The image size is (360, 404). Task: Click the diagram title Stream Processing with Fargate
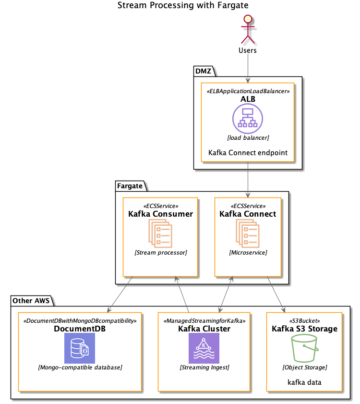tap(183, 6)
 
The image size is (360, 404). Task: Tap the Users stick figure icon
tap(248, 29)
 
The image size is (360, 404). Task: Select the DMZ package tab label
tap(204, 71)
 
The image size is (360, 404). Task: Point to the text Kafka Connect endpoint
tap(248, 153)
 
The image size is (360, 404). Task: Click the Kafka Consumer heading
tap(160, 214)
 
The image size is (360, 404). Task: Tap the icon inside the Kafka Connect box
tap(248, 233)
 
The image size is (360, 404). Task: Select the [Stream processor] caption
tap(160, 252)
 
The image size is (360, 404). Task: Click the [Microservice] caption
tap(248, 252)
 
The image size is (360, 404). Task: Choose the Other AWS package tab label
tap(29, 301)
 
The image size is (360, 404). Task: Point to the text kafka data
tap(304, 382)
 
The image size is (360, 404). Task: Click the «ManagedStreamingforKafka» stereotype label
tap(204, 320)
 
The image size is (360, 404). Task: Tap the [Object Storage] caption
tap(304, 367)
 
